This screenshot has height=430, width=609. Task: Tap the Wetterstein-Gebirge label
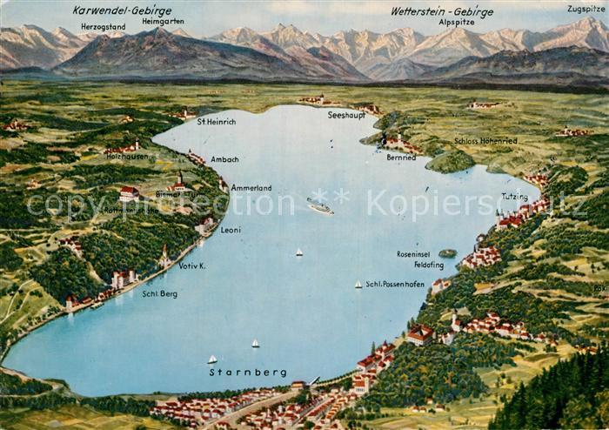tap(442, 11)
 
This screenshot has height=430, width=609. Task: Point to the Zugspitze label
tap(585, 9)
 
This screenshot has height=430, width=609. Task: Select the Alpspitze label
tap(457, 23)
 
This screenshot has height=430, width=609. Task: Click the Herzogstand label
tap(103, 26)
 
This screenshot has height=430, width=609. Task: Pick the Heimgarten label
tap(162, 19)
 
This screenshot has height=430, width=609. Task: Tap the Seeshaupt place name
tap(346, 115)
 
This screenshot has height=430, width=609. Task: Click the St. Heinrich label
tap(216, 121)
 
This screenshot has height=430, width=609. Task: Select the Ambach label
tap(224, 159)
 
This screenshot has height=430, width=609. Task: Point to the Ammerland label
tap(251, 187)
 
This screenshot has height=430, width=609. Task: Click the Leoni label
tap(231, 230)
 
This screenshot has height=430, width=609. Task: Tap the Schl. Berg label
tap(160, 293)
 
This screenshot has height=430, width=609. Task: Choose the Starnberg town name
tap(248, 373)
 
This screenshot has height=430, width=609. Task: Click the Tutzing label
tap(514, 197)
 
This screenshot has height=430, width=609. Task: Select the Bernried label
tap(401, 158)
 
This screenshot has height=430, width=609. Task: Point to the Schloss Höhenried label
tap(485, 140)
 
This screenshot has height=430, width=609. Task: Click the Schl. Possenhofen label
tap(395, 284)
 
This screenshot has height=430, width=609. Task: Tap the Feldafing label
tap(429, 265)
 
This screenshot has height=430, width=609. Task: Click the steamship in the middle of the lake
tap(319, 206)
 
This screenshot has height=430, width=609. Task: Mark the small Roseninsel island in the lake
tap(447, 253)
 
